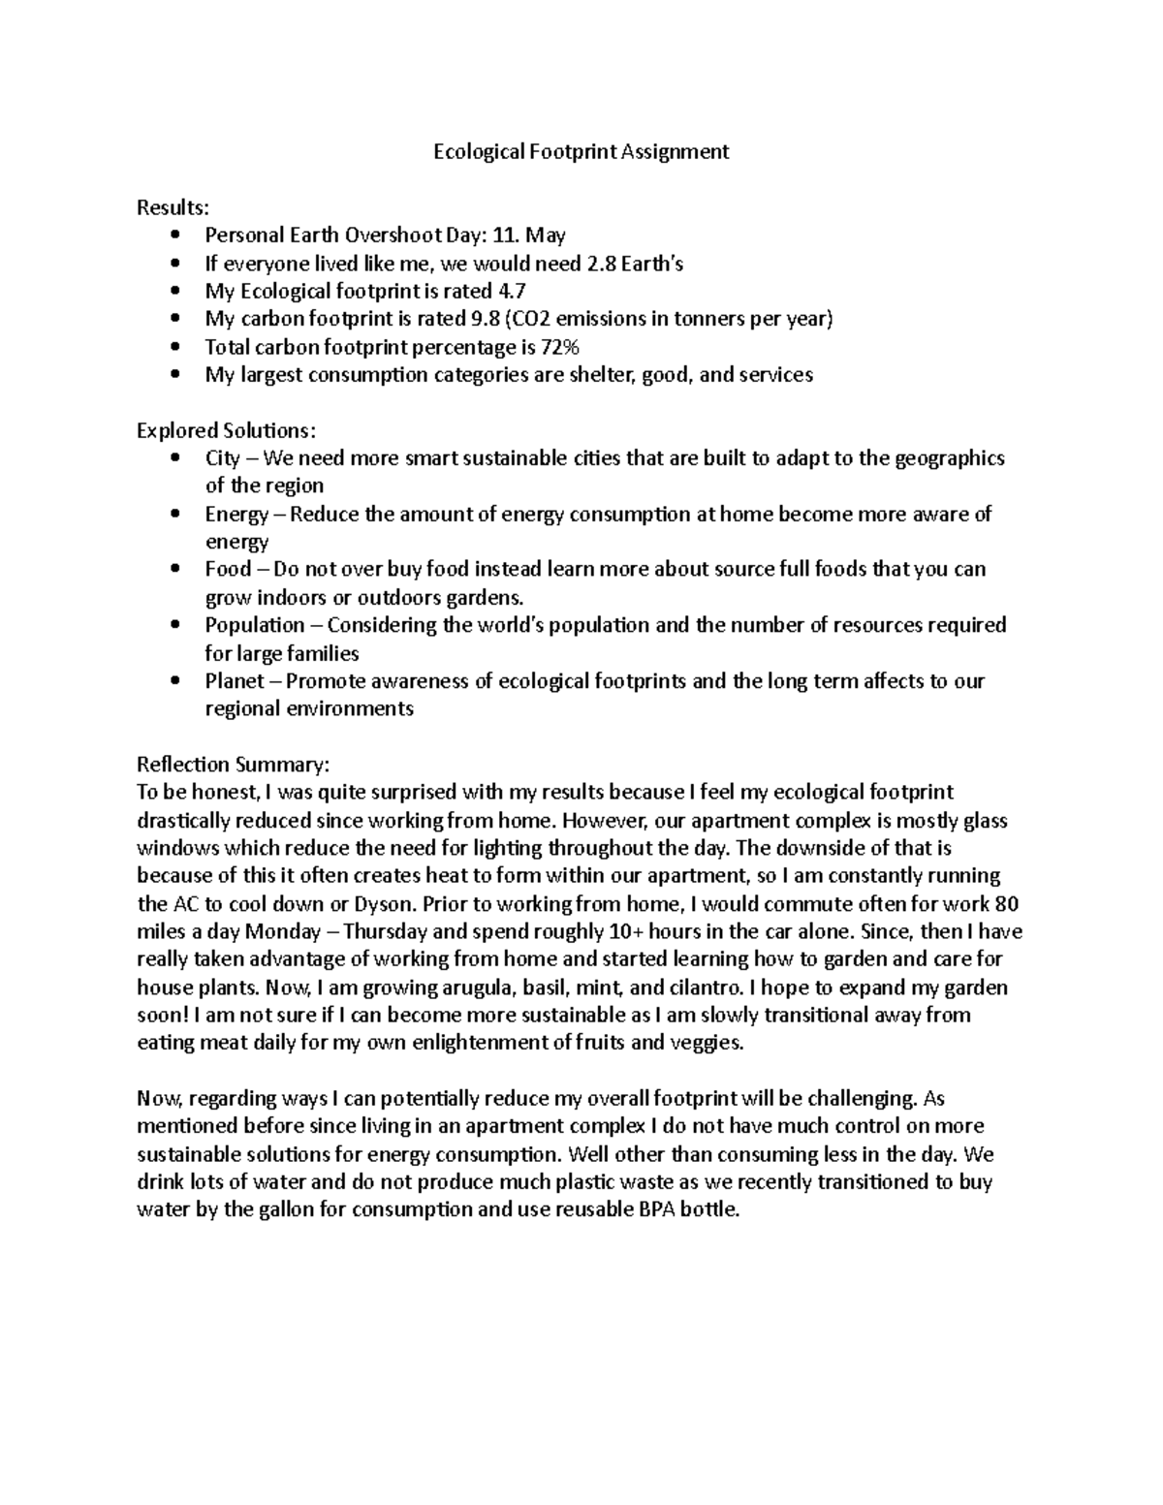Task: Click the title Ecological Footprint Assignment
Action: [581, 152]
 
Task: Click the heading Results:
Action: [173, 207]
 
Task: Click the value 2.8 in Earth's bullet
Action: [602, 264]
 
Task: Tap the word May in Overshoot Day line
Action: [546, 235]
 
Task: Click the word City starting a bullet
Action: [222, 458]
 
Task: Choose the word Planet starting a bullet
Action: [234, 681]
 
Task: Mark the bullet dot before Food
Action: [174, 570]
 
